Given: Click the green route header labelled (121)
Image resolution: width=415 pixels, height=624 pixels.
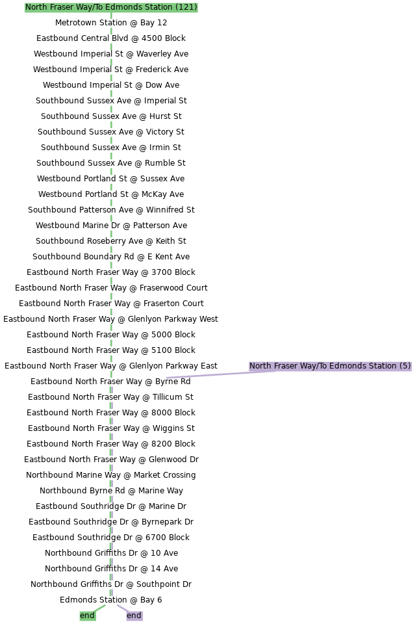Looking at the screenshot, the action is [x=111, y=7].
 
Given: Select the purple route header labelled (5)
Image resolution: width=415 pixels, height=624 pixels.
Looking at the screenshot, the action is [x=330, y=366].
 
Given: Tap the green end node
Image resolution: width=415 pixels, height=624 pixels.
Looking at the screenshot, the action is [x=88, y=616].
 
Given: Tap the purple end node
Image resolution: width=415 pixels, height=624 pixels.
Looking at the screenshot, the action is [x=134, y=616].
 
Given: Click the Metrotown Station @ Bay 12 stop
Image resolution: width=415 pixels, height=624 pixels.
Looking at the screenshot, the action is [x=111, y=23].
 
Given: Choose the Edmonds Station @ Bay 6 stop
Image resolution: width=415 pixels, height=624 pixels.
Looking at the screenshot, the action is [x=111, y=600].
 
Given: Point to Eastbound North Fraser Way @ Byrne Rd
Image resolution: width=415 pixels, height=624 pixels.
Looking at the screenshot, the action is [x=110, y=382].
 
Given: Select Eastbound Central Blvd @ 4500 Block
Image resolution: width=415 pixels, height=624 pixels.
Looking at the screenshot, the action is [x=111, y=38].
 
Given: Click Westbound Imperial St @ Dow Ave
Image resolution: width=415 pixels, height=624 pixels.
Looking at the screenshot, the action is [x=111, y=85].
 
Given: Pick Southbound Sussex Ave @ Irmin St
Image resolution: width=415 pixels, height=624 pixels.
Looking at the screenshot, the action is [x=111, y=148].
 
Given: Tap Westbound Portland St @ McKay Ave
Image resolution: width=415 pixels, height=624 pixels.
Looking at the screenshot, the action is [x=111, y=194].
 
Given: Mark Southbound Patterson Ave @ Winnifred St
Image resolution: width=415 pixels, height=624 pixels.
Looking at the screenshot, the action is [x=111, y=210].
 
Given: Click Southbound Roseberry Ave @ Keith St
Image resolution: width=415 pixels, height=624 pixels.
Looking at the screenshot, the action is [x=111, y=241].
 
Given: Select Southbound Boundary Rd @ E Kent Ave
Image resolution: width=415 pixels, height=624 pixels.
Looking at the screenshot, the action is [x=111, y=257].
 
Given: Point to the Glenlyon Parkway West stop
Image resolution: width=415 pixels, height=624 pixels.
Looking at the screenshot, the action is [x=110, y=319].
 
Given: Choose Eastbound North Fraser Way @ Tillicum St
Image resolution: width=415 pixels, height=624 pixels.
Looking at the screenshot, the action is [x=110, y=397].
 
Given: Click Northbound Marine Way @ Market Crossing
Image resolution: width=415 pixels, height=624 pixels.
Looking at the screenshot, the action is [x=111, y=475].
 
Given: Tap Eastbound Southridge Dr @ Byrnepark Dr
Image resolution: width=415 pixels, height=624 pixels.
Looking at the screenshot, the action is [x=111, y=522].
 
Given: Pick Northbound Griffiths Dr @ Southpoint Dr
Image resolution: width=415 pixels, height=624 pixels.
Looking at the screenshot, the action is [x=111, y=584].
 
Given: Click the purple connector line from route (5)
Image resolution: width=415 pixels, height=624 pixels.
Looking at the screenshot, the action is [x=221, y=374].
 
